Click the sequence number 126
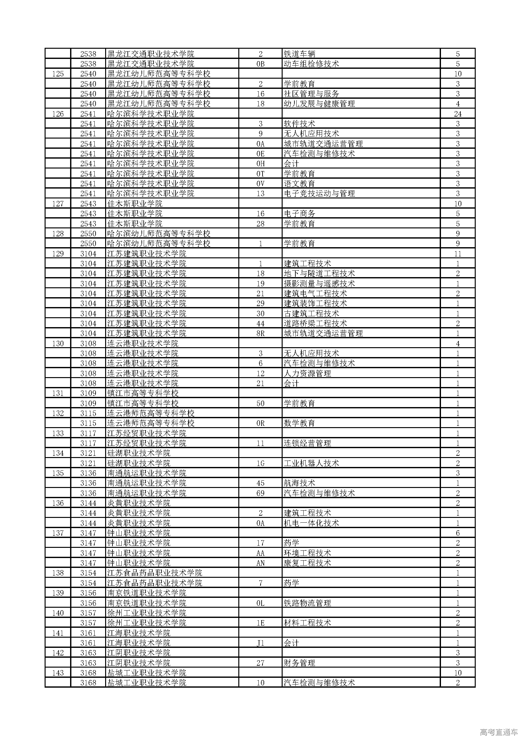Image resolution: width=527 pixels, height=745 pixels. point(58,114)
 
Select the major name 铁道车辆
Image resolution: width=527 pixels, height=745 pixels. point(299,54)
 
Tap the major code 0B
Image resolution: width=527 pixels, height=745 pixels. point(260,64)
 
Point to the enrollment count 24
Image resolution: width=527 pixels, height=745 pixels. point(458,114)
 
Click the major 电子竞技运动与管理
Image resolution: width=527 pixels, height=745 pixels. point(319,194)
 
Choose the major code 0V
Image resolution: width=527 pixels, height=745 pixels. point(260,184)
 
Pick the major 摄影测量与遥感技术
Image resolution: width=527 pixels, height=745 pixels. point(319,283)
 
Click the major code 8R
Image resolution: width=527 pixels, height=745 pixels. point(260,333)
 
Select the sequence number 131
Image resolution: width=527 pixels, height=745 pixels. point(58,393)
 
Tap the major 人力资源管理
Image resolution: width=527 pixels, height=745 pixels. point(307,374)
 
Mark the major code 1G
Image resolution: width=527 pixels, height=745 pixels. point(260,463)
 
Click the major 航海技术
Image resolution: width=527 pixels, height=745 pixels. point(299,483)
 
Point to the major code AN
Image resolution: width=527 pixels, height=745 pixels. point(260,563)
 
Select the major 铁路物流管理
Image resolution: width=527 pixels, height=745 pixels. point(307,603)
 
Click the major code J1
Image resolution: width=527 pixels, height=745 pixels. point(260,643)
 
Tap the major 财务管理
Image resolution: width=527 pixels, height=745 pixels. point(299,663)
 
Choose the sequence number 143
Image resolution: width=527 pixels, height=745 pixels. point(58,673)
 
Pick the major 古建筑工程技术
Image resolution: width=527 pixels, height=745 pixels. point(311,313)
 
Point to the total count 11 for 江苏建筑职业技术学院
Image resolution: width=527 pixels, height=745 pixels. point(458,254)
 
